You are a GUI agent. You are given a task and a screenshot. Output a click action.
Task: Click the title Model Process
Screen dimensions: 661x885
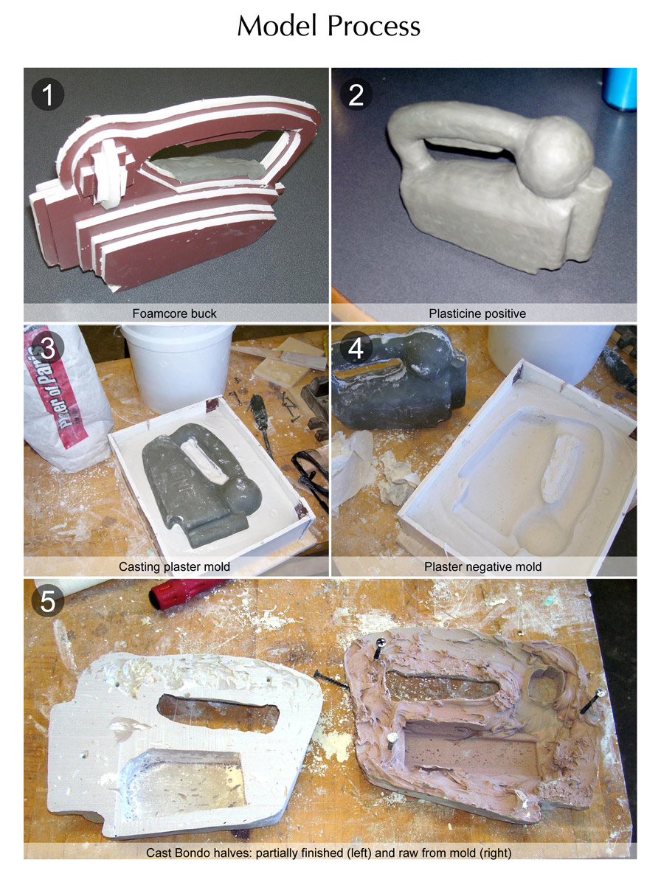(x=329, y=27)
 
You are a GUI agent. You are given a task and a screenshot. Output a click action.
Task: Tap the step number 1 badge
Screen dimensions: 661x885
(x=48, y=94)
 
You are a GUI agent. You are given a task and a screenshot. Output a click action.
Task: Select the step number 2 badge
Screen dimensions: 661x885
(x=356, y=94)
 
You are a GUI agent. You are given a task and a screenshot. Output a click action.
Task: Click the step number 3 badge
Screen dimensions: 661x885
(x=48, y=348)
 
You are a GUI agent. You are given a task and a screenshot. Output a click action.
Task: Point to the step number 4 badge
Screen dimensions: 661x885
(x=356, y=348)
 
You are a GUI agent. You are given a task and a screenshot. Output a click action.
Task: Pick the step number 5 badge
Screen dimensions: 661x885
(x=48, y=601)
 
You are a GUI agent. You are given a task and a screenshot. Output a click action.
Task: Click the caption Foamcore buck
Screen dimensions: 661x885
(x=174, y=313)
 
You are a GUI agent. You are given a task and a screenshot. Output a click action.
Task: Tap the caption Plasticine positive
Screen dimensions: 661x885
(x=477, y=313)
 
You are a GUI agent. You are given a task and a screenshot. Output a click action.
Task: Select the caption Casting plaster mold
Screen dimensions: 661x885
(x=174, y=567)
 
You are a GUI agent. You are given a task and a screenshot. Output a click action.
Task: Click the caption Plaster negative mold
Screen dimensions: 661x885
(x=482, y=567)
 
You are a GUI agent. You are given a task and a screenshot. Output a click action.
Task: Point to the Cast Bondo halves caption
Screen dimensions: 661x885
(x=329, y=853)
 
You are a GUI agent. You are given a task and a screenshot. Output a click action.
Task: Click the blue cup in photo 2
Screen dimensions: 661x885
(x=620, y=88)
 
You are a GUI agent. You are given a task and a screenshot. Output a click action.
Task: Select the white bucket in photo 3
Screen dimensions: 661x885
(x=179, y=367)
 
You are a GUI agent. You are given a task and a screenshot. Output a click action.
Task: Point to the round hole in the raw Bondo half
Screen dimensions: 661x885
(x=545, y=684)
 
